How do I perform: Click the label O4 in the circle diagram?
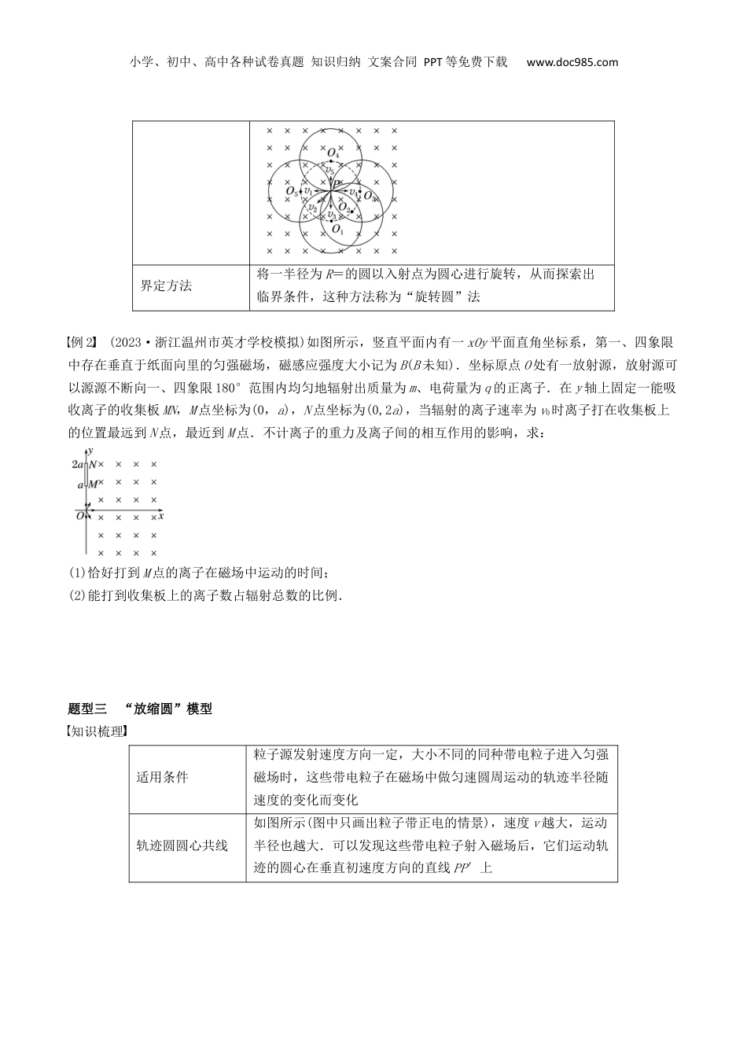click(333, 153)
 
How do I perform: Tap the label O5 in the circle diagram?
click(292, 191)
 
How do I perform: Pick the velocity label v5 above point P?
click(330, 170)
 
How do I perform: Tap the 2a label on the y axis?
click(77, 465)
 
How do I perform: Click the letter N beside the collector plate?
click(92, 465)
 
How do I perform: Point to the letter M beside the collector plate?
click(92, 485)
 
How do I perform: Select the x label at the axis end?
click(160, 516)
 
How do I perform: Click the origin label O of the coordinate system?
click(79, 516)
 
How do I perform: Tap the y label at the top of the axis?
click(91, 450)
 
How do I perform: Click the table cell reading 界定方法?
click(166, 285)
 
